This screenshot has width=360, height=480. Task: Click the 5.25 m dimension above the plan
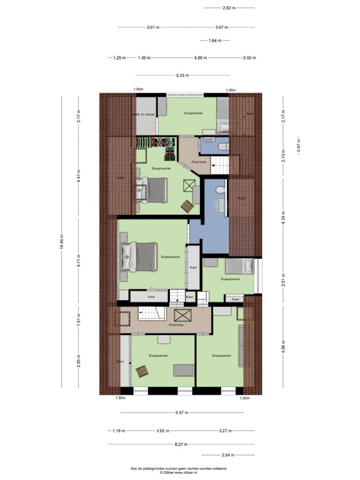pyautogui.click(x=182, y=76)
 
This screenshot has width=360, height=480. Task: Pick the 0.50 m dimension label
pyautogui.click(x=249, y=57)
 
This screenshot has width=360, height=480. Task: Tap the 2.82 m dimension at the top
pyautogui.click(x=229, y=8)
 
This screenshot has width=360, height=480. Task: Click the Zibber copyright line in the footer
pyautogui.click(x=178, y=472)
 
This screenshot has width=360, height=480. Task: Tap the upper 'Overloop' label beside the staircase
pyautogui.click(x=199, y=161)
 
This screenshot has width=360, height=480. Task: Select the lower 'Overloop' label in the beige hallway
pyautogui.click(x=176, y=325)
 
